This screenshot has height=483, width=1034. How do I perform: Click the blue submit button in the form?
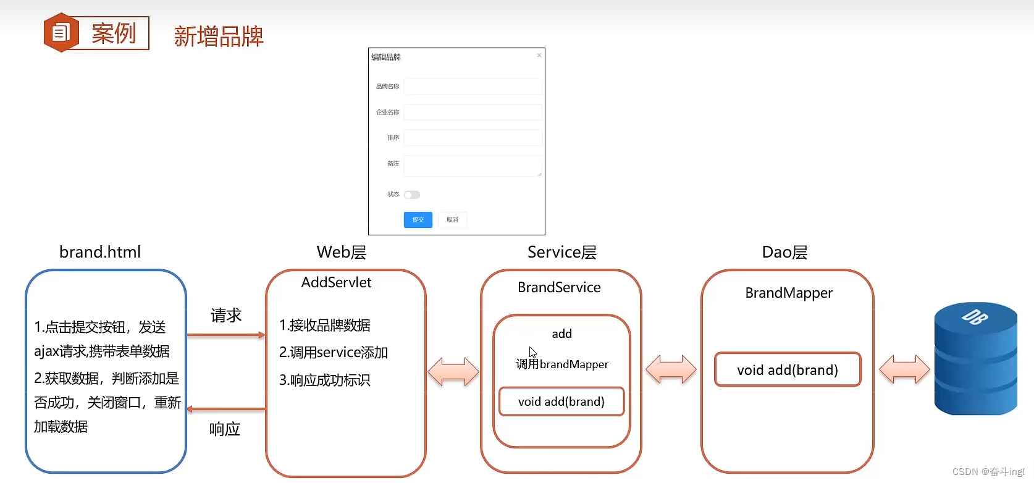418,220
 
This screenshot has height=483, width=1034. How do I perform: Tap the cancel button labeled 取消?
452,220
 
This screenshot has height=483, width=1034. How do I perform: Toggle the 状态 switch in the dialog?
412,195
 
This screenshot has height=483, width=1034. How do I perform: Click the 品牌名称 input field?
473,86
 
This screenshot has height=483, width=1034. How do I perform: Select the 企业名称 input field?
473,112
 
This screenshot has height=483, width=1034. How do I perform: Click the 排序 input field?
473,138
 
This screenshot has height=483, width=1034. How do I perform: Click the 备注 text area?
473,166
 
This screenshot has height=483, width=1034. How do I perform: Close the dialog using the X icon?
539,56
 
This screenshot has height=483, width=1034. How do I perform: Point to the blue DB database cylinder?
975,359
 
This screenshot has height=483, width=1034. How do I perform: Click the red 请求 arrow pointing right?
226,335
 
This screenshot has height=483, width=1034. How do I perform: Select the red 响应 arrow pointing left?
226,409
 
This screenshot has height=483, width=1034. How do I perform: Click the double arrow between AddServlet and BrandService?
453,372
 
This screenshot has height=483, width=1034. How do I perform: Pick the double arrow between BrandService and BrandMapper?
671,369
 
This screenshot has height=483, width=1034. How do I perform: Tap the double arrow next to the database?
904,369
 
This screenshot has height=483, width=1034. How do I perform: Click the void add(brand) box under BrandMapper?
788,369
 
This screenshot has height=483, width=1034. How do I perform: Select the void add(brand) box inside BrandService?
561,401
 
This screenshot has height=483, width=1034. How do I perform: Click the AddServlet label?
336,283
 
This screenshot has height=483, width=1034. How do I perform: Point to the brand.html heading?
100,252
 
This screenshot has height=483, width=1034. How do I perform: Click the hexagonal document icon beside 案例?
61,33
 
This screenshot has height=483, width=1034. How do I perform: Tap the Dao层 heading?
784,252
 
